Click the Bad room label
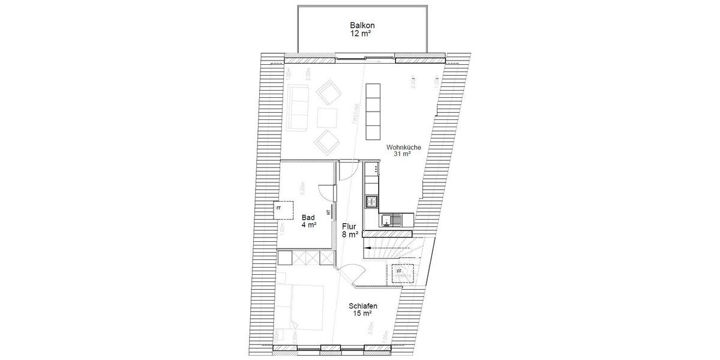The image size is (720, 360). [308, 217]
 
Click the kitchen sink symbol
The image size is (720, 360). [391, 220]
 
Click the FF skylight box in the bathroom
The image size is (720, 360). [280, 208]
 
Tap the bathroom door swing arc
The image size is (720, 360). [326, 191]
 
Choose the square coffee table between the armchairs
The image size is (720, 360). [328, 116]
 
